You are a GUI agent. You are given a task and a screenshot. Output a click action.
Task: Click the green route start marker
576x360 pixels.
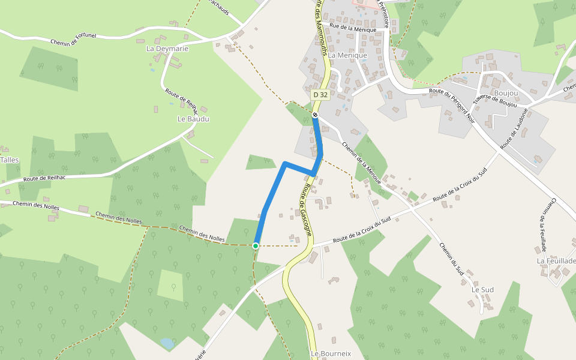[x=256, y=245]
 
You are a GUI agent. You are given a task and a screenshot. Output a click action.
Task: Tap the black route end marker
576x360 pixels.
[x=315, y=115]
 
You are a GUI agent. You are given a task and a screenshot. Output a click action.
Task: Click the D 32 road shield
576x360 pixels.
[x=320, y=95]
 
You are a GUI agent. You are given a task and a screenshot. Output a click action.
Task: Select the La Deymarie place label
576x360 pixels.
[x=167, y=49]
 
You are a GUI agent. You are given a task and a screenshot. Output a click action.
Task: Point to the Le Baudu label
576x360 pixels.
[x=193, y=119]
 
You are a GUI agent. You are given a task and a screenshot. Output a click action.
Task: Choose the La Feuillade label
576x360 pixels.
[x=556, y=261]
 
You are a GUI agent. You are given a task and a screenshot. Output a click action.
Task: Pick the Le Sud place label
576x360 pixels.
[x=482, y=290]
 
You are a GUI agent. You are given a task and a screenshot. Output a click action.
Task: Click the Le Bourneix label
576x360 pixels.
[x=331, y=354]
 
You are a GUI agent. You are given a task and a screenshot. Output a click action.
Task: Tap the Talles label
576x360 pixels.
[x=10, y=160]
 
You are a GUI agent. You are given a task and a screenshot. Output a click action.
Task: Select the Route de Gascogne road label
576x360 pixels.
[x=305, y=209]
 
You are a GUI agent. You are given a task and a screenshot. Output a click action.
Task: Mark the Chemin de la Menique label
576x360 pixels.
[x=361, y=160]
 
